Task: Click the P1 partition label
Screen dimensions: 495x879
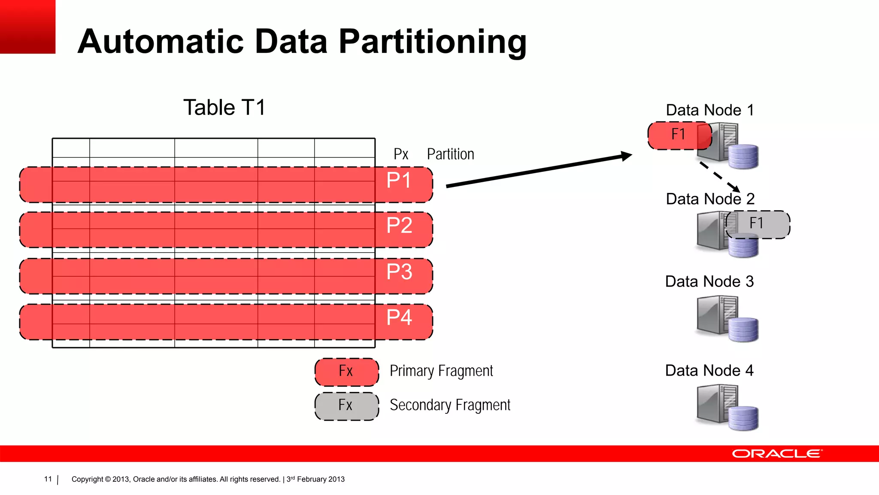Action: tap(399, 180)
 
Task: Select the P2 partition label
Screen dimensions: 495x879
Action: tap(399, 226)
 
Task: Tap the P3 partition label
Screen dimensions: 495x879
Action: tap(399, 272)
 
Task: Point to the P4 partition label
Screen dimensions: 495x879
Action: tap(399, 318)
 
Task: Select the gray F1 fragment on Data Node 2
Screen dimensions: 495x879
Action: tap(758, 224)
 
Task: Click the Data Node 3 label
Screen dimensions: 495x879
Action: tap(709, 281)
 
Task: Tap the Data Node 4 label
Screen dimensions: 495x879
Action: tap(709, 370)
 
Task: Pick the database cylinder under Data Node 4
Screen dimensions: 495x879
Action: tap(743, 418)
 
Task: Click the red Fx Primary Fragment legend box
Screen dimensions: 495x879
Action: tap(346, 371)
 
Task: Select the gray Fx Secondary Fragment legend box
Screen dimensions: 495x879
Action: tap(346, 405)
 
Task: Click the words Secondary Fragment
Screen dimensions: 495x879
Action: tap(450, 405)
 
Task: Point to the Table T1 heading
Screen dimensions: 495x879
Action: tap(224, 107)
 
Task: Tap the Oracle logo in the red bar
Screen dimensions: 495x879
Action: tap(777, 454)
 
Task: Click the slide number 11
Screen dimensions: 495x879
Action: tap(48, 479)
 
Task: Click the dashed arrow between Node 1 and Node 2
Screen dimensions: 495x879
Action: tap(720, 177)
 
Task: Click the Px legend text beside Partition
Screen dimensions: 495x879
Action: tap(401, 154)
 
